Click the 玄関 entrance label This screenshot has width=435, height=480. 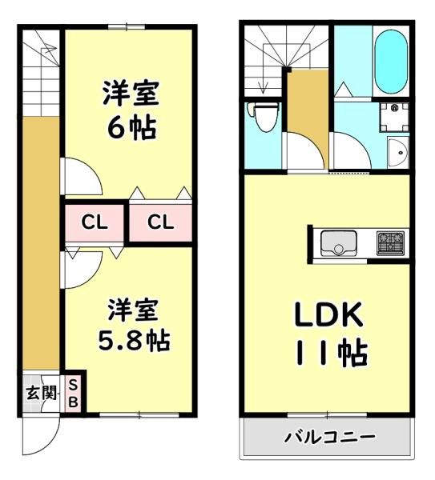click(41, 393)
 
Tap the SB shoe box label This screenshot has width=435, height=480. click(73, 393)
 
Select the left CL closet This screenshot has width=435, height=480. click(94, 222)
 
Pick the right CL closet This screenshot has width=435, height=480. click(161, 222)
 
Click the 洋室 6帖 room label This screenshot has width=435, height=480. click(131, 110)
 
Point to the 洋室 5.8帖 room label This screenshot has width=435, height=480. click(134, 325)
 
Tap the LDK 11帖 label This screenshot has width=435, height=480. click(330, 333)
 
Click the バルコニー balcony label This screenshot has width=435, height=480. click(330, 437)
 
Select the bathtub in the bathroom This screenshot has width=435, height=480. click(391, 62)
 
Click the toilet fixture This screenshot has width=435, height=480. click(264, 117)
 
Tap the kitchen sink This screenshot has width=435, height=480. click(338, 243)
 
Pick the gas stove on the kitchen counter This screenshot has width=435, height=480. click(391, 243)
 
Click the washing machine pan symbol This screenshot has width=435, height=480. click(394, 118)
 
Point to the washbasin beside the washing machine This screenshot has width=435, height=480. click(398, 152)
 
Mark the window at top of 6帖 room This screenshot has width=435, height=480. click(127, 26)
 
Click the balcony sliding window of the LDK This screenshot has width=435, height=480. click(327, 415)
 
